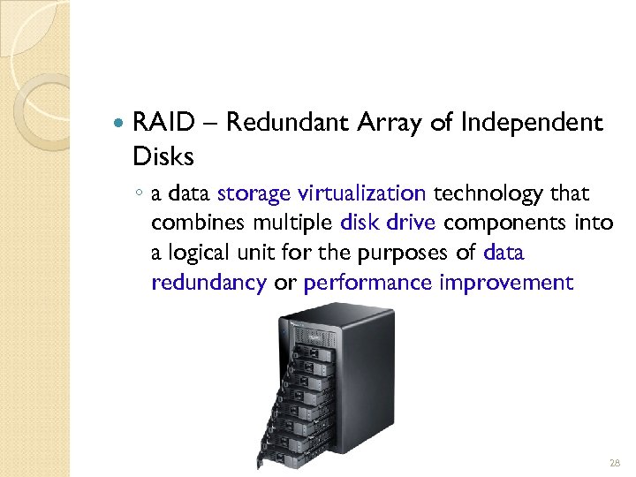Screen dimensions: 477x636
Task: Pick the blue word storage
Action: tap(254, 193)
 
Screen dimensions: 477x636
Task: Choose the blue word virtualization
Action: tap(362, 193)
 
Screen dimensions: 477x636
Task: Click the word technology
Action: tap(483, 193)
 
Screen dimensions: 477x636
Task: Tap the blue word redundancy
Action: tap(208, 283)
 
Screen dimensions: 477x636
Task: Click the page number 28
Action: tap(615, 463)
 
